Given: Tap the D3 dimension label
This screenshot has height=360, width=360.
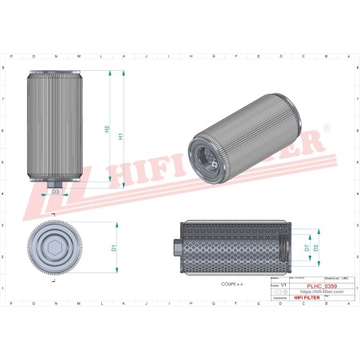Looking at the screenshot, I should point(56,192).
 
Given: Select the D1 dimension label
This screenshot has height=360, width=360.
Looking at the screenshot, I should point(114,248).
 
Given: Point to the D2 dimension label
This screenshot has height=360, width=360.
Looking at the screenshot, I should point(316,248).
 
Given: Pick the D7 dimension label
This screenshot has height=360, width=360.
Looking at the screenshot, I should point(307,248).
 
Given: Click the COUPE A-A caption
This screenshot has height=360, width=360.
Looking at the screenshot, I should point(233,283).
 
